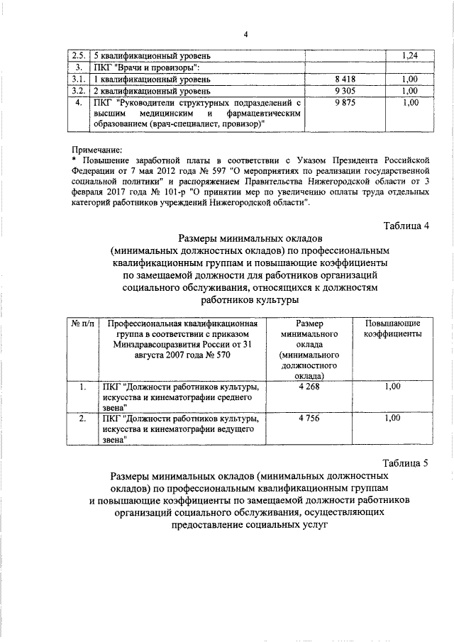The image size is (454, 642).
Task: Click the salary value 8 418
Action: coord(343,79)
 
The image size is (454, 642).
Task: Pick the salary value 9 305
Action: coord(343,92)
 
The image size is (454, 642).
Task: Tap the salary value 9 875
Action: coord(343,104)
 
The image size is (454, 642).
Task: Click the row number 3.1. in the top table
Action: coord(79,79)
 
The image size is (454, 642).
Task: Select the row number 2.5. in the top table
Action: coord(79,55)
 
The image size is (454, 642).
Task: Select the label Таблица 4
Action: coord(406,226)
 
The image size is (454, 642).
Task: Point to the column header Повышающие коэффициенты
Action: coord(392,328)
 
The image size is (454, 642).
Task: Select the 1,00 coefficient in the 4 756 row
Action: coord(392,419)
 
